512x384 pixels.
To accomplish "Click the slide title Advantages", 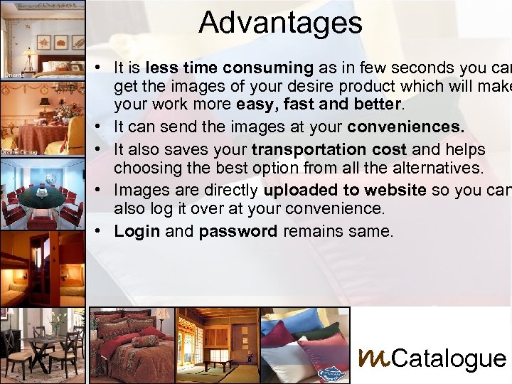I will [x=280, y=22].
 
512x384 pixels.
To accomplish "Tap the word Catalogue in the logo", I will [x=449, y=358].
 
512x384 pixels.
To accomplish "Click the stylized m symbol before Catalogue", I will [x=373, y=356].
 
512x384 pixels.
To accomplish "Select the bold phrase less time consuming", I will [x=229, y=68].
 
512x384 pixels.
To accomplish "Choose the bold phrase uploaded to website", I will [x=344, y=190].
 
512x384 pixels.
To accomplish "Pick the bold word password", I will [x=238, y=231].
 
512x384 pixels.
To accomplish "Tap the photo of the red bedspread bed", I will [x=132, y=345].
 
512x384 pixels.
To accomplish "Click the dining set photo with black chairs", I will [x=43, y=345].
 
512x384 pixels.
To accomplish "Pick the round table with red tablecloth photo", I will [x=43, y=117].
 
